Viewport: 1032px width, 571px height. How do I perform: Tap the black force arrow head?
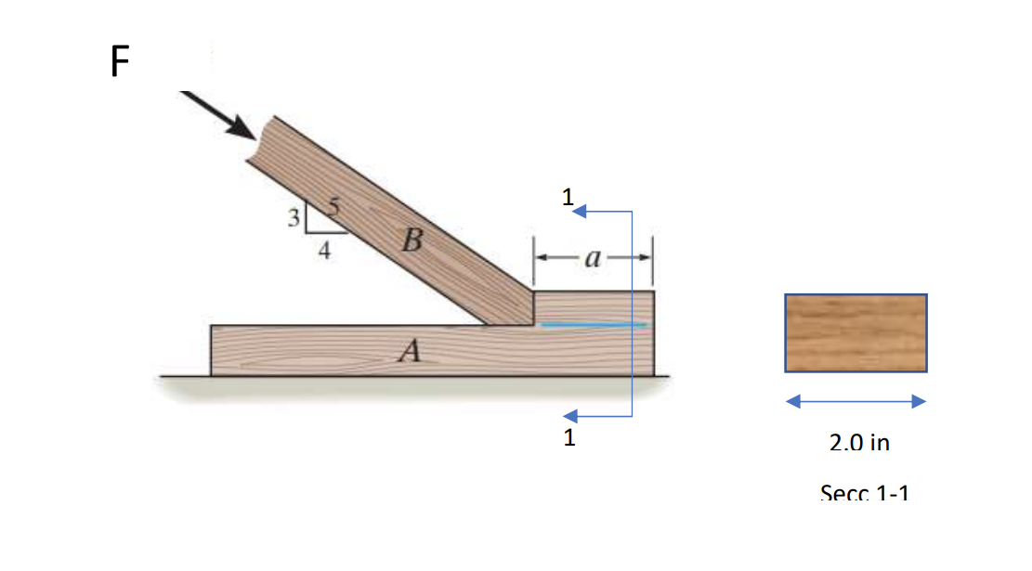[x=244, y=129]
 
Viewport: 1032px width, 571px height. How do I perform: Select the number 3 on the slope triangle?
[x=294, y=219]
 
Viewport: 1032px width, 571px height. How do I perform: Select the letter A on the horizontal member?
[x=408, y=350]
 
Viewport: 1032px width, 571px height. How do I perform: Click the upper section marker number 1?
[x=567, y=197]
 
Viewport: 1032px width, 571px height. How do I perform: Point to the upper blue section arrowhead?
[x=579, y=212]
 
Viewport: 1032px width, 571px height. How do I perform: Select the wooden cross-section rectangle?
[x=856, y=332]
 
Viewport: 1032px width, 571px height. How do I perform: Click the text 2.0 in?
[x=859, y=443]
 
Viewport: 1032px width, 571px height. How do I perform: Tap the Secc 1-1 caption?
[x=864, y=492]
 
